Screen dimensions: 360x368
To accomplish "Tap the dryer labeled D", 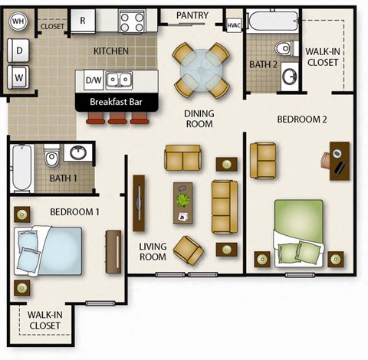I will [19, 50].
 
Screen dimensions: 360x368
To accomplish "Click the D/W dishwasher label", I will [94, 79].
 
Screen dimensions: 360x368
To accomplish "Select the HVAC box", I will [234, 26].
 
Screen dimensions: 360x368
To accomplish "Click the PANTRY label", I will [193, 15].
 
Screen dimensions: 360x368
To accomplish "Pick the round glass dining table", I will [201, 70].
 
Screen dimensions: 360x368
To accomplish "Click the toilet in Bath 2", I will [284, 49].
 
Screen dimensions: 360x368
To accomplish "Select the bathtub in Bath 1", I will [21, 169].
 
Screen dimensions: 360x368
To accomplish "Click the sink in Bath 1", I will [77, 153].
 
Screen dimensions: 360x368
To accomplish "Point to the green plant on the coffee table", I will [183, 200].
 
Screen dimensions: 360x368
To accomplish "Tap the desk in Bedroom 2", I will [339, 160].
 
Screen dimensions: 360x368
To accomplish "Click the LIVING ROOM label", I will [153, 252].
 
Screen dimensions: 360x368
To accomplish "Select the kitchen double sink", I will [118, 78].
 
